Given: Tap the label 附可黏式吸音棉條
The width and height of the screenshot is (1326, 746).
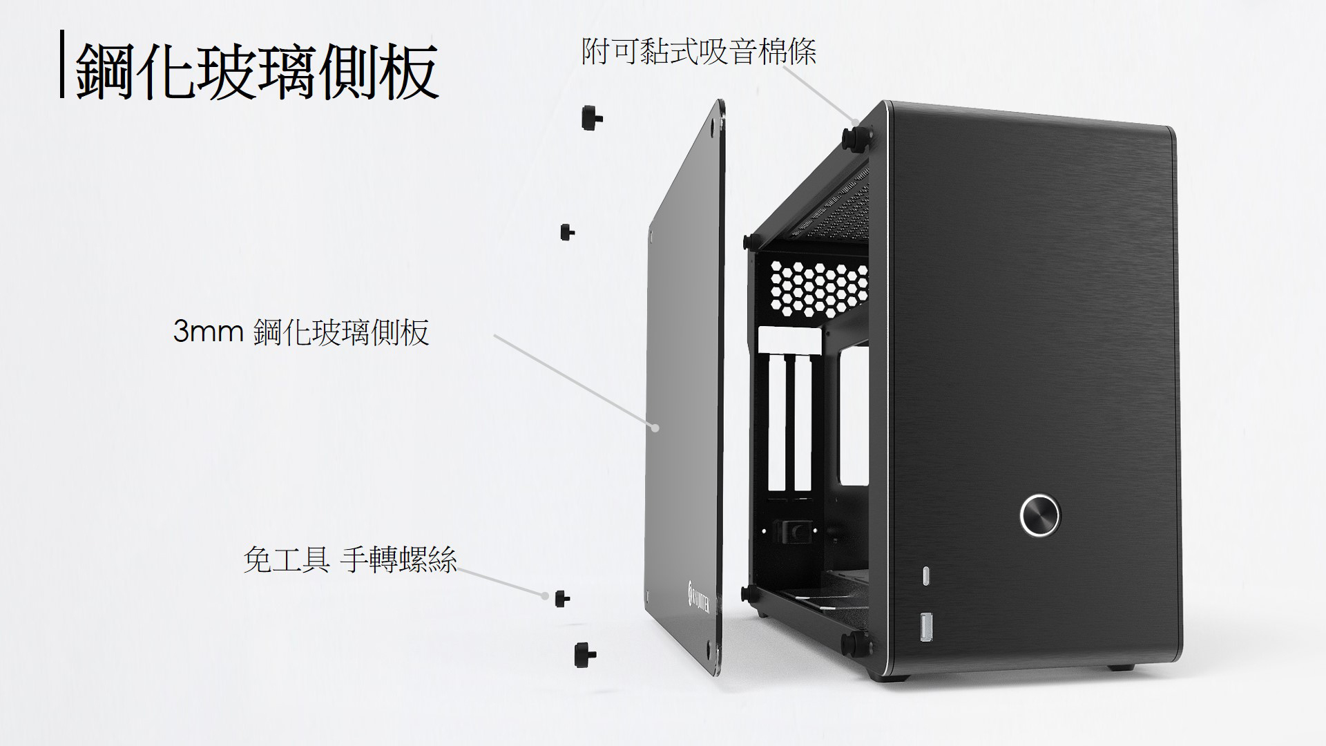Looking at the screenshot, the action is [699, 51].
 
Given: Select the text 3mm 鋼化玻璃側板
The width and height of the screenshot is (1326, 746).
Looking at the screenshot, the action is [301, 332].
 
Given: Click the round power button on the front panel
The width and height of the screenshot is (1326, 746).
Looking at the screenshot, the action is [1039, 514].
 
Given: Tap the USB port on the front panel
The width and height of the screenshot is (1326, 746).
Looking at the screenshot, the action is [925, 628].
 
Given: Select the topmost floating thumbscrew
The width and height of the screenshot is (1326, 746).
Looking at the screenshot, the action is [590, 117].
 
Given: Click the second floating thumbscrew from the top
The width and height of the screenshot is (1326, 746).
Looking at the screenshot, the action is [567, 231].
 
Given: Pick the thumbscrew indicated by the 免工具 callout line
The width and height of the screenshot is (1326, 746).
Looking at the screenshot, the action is [561, 597].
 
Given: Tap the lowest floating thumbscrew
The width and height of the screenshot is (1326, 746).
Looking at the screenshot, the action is [584, 654].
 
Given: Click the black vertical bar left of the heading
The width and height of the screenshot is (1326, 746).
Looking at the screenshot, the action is [62, 64].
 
